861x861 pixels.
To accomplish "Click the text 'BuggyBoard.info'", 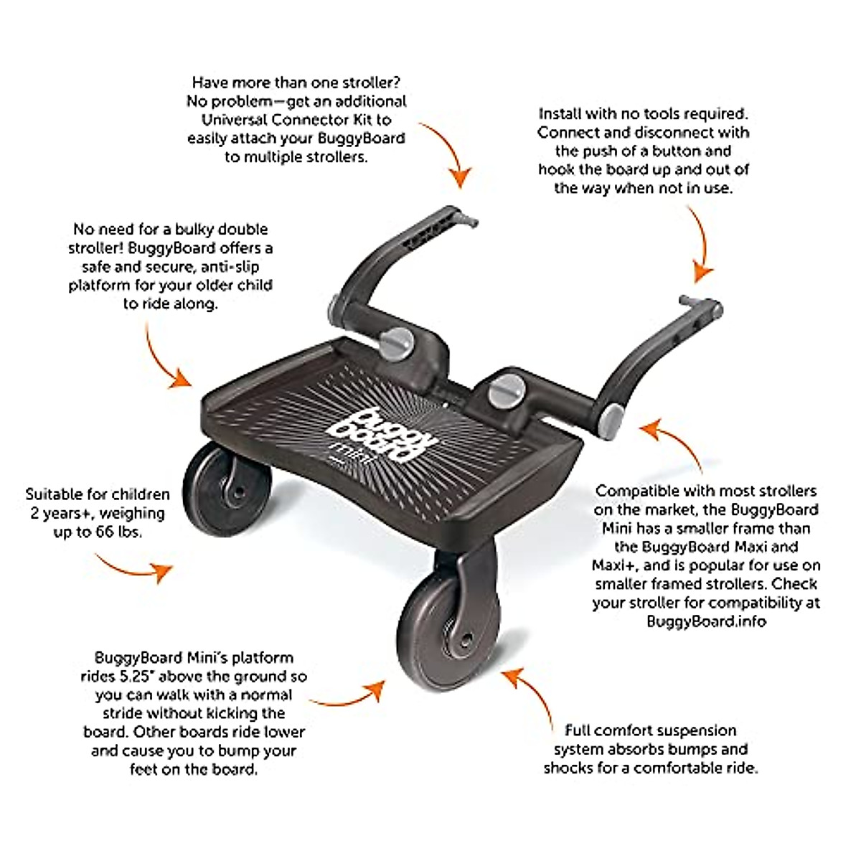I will pos(706,621).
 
